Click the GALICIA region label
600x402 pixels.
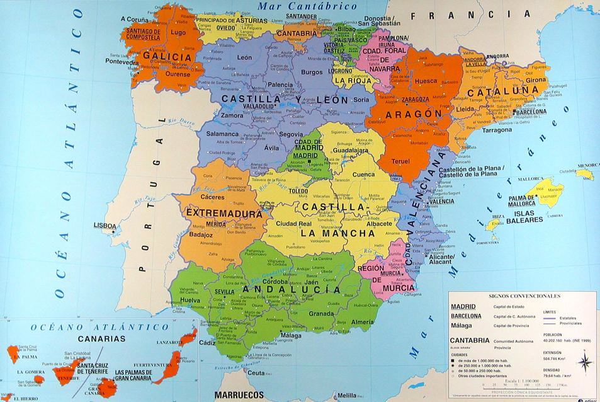167,57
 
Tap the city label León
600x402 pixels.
244,57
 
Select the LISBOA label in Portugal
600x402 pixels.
105,225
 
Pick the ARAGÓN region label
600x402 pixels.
410,114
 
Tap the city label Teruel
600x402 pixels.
400,161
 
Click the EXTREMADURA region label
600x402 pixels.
224,214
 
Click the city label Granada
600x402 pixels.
321,313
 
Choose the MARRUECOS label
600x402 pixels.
239,394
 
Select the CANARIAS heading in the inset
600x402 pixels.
101,338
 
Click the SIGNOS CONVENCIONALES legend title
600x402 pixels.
514,296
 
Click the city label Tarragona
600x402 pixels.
497,130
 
